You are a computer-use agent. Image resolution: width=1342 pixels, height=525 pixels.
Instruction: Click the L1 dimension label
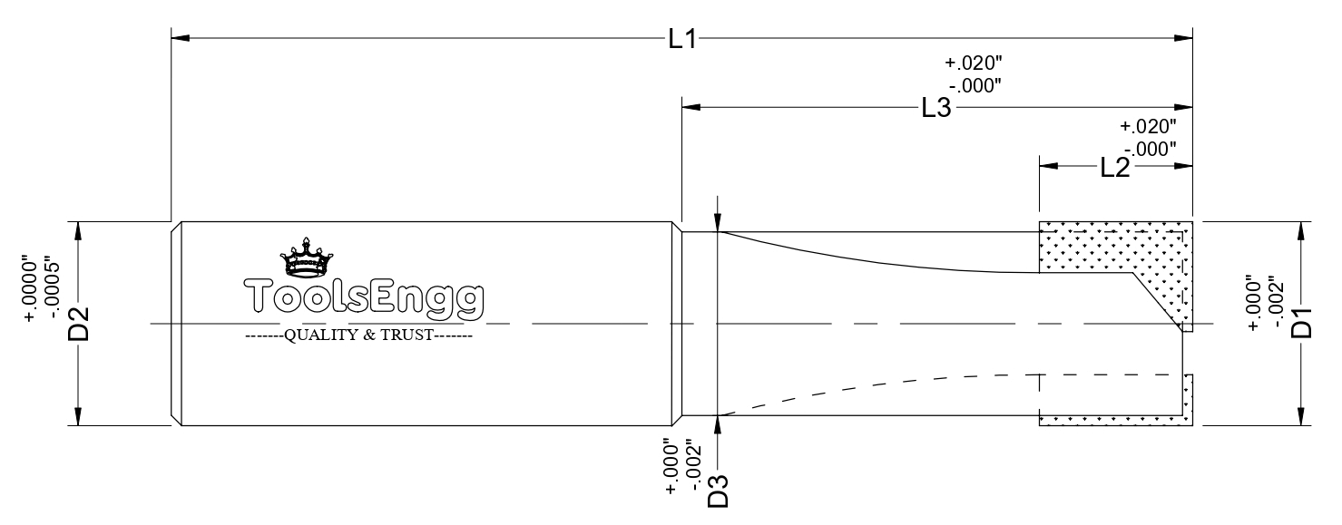pos(682,39)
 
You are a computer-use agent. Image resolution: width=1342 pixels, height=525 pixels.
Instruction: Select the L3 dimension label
pos(935,108)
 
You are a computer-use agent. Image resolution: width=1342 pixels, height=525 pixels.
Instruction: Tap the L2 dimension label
pos(1115,169)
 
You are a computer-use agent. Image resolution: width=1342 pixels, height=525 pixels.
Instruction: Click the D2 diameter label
pos(78,324)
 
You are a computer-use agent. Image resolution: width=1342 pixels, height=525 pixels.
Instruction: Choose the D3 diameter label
pos(718,491)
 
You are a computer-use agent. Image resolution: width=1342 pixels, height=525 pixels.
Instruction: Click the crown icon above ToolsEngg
pos(306,258)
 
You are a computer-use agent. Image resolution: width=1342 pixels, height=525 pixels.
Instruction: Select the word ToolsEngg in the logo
pos(364,297)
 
